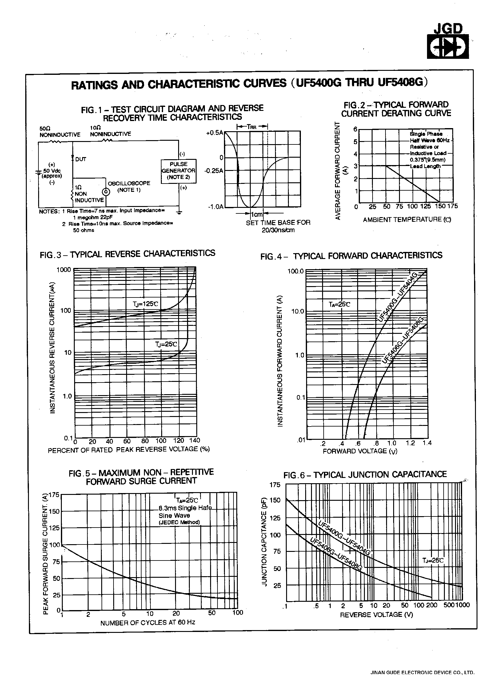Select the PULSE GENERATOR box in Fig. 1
(x=179, y=171)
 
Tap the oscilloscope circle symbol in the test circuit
(x=106, y=192)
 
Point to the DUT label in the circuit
(x=81, y=159)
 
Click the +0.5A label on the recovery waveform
(x=214, y=133)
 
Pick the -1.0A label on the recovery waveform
(x=215, y=206)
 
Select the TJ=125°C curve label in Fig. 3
(x=146, y=304)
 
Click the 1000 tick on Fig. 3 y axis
(x=64, y=270)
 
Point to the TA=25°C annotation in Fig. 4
(x=339, y=304)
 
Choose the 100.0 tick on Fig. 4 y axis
(x=295, y=271)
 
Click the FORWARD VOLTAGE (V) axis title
(x=360, y=451)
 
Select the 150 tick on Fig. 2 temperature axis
(x=440, y=206)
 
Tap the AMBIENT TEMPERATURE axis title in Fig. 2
(x=407, y=220)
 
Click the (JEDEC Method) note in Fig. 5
(x=179, y=522)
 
